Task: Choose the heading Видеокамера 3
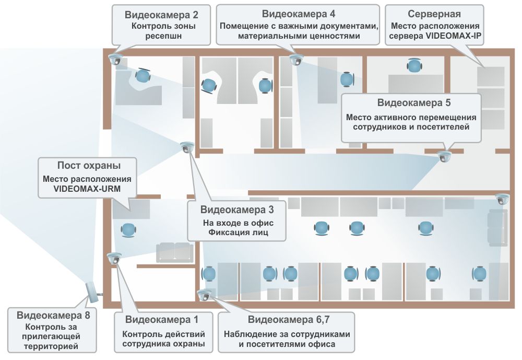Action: pyautogui.click(x=237, y=210)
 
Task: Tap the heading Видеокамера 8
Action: pyautogui.click(x=53, y=315)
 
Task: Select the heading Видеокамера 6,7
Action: pyautogui.click(x=287, y=319)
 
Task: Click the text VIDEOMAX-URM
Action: pyautogui.click(x=87, y=189)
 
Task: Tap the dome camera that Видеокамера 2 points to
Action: pyautogui.click(x=115, y=59)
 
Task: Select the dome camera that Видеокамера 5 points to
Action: pyautogui.click(x=444, y=156)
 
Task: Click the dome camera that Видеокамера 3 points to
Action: pyautogui.click(x=186, y=148)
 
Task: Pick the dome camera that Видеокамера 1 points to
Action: pyautogui.click(x=114, y=258)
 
